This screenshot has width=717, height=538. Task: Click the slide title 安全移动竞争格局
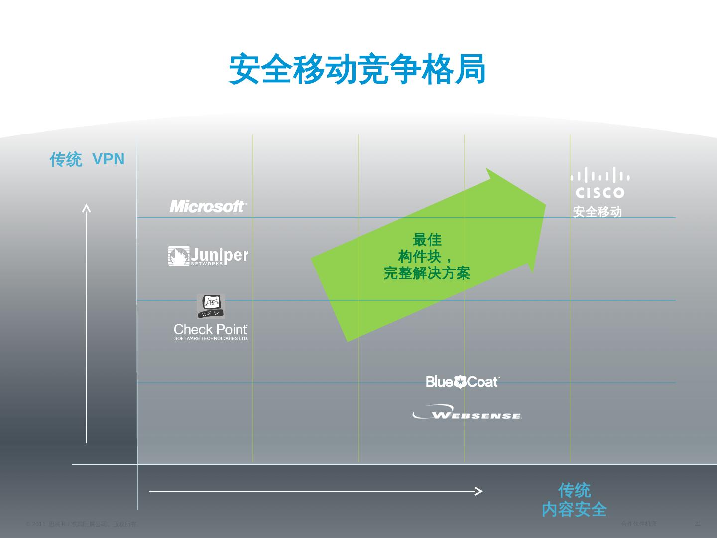point(357,70)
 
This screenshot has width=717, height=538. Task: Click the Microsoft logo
point(208,206)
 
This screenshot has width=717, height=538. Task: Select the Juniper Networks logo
point(208,256)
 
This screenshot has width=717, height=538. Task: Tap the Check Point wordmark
point(211,330)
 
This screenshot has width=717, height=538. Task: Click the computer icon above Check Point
point(211,306)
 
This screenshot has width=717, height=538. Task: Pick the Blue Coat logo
point(463,382)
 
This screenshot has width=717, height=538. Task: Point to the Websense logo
point(467,413)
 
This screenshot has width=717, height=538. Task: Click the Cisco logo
point(600,183)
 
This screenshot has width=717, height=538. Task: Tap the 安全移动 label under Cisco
point(597,212)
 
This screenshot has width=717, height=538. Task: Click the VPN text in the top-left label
point(109,159)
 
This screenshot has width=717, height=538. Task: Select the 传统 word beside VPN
point(66,160)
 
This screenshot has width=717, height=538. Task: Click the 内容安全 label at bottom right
point(574,509)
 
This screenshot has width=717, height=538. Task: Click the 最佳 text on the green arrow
point(427,240)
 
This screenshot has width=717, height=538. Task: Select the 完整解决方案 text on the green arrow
point(427,273)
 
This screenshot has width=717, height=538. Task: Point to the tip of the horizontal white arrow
point(480,491)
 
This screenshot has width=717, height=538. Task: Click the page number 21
point(698,524)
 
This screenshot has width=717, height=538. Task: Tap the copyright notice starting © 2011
point(83,524)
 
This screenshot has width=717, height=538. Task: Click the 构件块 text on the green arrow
point(420,257)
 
